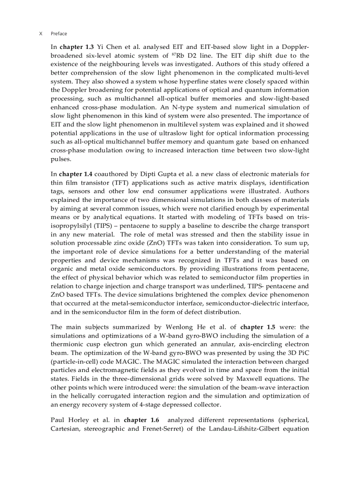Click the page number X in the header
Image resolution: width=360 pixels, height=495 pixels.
[41, 33]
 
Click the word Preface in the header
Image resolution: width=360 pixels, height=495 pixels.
[59, 33]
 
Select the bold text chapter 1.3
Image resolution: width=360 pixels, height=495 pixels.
[77, 47]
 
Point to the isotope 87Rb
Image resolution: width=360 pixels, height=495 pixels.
[178, 56]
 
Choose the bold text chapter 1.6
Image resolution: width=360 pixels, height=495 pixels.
[141, 420]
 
